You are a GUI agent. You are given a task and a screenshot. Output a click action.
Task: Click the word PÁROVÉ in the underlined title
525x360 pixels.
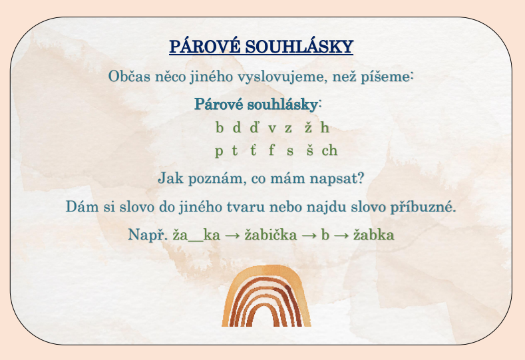pos(204,46)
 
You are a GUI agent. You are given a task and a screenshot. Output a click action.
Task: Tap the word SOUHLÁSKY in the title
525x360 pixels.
pos(299,46)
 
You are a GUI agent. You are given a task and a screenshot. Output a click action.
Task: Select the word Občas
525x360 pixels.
pos(129,77)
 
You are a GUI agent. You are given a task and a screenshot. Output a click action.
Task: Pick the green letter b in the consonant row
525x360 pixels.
pos(220,127)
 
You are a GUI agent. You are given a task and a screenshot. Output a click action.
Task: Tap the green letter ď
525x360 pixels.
pos(254,127)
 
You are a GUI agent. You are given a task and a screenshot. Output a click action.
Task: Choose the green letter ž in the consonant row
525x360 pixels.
pos(308,128)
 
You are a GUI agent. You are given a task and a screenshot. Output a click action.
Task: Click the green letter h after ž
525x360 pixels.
pos(325,127)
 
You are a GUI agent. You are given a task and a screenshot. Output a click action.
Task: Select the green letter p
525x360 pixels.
pos(219,151)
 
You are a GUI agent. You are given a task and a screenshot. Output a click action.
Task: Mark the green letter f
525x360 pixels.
pos(271,150)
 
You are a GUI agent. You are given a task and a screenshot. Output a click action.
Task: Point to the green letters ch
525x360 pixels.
pos(329,150)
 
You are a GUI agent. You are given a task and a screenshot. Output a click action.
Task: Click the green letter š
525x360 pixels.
pos(310,150)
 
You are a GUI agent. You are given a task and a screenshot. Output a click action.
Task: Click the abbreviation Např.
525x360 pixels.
pos(148,234)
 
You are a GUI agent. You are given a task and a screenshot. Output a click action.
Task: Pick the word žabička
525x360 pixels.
pos(271,234)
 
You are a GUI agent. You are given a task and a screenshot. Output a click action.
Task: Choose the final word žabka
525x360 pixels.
pos(374,234)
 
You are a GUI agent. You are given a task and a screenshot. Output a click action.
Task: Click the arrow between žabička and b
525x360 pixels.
pos(309,236)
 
